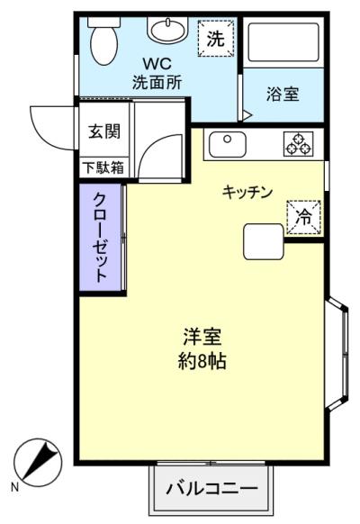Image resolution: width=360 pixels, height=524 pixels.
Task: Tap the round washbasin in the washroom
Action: point(167,30)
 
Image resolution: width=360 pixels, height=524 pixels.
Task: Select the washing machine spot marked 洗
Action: point(216,38)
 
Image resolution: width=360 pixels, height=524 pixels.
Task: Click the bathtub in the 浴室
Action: point(283,42)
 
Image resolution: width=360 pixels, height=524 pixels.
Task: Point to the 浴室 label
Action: point(283,94)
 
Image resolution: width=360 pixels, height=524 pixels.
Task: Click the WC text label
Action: point(157,64)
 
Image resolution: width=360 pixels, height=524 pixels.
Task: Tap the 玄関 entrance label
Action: point(103,131)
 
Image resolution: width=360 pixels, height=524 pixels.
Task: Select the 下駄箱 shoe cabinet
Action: point(103,167)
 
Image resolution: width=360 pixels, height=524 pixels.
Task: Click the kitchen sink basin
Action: point(228,144)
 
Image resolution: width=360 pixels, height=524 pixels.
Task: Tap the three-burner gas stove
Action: point(299,144)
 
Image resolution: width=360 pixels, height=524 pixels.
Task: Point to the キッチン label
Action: point(247,192)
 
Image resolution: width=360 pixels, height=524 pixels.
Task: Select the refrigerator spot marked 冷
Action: point(303,217)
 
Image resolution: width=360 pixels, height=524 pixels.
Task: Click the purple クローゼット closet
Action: point(100,238)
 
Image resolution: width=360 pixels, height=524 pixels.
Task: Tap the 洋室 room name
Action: point(202,337)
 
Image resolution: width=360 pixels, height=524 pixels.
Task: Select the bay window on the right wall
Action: point(338,354)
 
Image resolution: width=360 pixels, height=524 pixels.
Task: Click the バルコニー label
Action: point(212,489)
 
